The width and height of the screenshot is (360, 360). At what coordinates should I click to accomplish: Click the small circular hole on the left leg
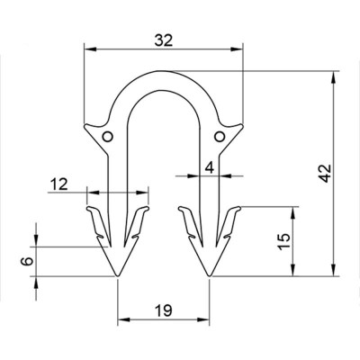tap(108, 136)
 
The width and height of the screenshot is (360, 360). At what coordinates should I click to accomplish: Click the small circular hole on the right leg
tap(219, 136)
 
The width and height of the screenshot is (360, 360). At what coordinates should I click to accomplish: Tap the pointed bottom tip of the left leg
tap(119, 276)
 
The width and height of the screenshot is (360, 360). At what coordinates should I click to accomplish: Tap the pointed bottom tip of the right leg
tap(209, 276)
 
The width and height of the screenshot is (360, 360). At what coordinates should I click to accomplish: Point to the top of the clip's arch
tap(163, 71)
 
